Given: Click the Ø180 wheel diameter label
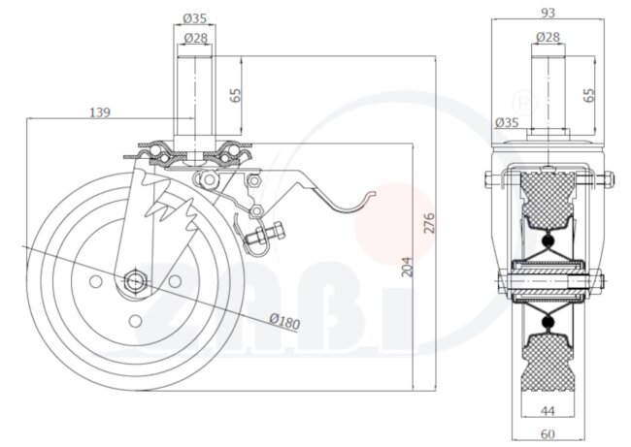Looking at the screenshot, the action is click(284, 321).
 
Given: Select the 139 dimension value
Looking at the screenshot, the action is click(99, 112).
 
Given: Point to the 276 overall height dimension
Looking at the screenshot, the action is click(429, 223).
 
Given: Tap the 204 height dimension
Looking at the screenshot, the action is click(408, 267).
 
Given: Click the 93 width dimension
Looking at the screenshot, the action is click(548, 13).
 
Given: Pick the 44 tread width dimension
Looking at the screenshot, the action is click(548, 410).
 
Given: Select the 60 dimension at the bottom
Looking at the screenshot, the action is click(548, 434).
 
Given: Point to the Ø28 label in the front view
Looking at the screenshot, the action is click(548, 37).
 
